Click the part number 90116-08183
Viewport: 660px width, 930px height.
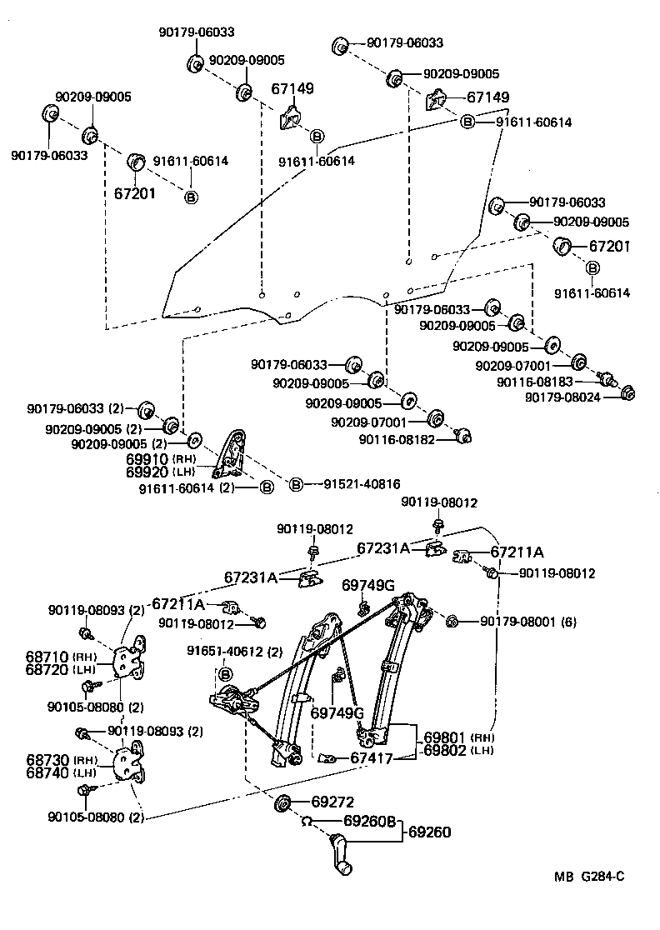(x=534, y=381)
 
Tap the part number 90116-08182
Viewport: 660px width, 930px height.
(x=397, y=439)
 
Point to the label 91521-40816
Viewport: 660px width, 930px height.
(x=356, y=483)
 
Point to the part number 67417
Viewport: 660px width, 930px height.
(x=370, y=757)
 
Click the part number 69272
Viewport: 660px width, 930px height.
(x=332, y=802)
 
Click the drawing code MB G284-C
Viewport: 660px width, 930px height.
(x=590, y=876)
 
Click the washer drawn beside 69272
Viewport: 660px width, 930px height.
(x=282, y=803)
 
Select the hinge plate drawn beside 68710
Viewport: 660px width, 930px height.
(x=127, y=660)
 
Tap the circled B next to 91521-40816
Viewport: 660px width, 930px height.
(x=294, y=483)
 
